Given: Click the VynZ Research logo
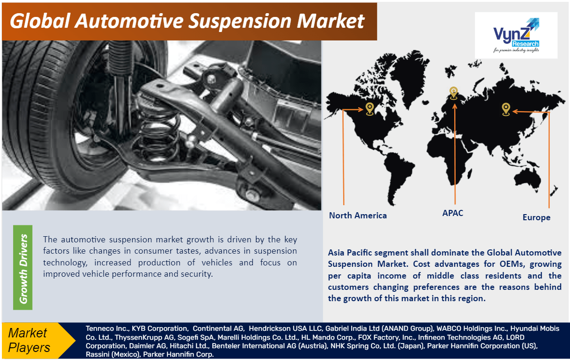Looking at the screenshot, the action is click(516, 35).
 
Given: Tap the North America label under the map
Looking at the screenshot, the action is click(358, 216).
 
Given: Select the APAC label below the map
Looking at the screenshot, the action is click(453, 213).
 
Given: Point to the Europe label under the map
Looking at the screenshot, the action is click(537, 217).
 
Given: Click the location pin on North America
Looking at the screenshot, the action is click(369, 109).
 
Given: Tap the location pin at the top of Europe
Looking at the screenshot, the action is click(453, 93).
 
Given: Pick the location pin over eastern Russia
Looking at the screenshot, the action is click(506, 109).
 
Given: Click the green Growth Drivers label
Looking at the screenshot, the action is click(23, 267).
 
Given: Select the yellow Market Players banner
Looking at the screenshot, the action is click(38, 340).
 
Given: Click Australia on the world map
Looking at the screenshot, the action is click(527, 178).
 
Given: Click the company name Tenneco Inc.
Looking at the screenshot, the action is click(107, 328).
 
